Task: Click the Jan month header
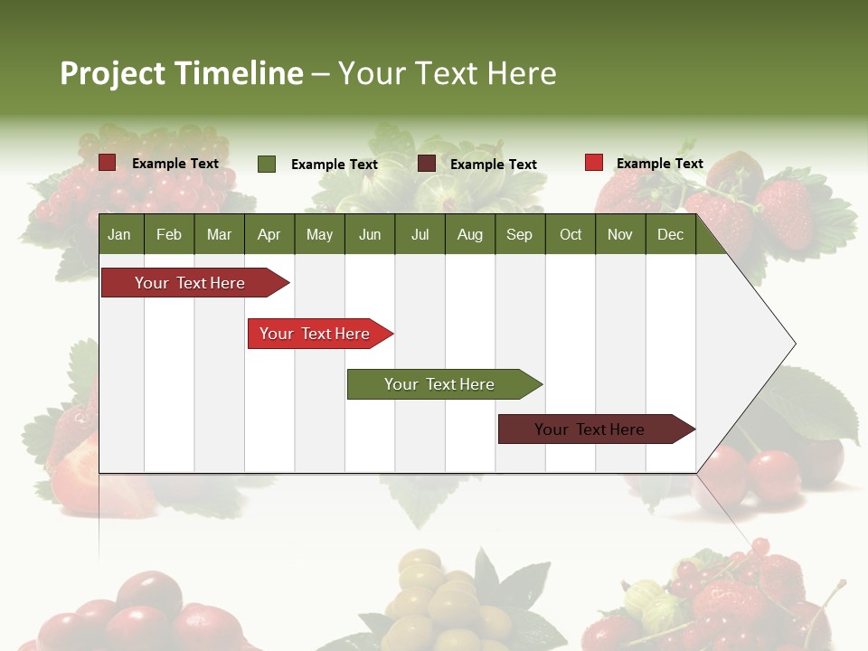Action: (119, 234)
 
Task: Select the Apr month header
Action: (269, 234)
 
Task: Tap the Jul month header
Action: (420, 234)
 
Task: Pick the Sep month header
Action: (519, 234)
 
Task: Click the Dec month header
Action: (670, 234)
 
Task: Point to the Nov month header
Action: (619, 234)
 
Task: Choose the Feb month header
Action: (169, 234)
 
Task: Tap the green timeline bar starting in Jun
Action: (440, 384)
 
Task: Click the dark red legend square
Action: (108, 163)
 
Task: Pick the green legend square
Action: (267, 164)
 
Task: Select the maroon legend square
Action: (427, 164)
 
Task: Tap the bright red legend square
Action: (593, 163)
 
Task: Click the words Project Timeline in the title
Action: (182, 73)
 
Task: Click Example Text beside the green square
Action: (335, 165)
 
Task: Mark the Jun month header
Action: (370, 234)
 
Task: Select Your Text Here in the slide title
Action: (448, 73)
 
